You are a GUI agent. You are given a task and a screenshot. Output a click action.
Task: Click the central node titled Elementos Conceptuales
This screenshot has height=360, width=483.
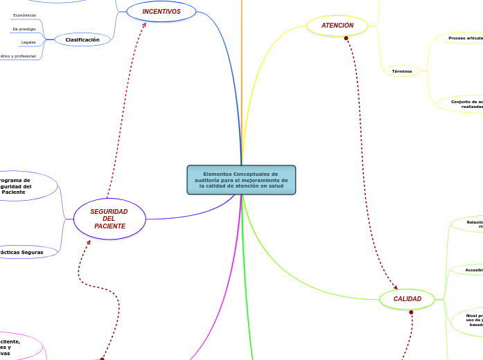tap(241, 180)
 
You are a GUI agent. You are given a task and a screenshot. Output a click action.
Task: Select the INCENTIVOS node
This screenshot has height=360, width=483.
tap(161, 12)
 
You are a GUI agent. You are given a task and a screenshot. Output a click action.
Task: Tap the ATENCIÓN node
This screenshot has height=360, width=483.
tap(337, 26)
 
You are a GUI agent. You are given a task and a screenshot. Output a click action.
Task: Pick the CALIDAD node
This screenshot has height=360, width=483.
tap(407, 299)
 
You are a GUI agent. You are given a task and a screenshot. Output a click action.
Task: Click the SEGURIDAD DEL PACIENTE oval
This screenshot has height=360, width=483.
tap(109, 219)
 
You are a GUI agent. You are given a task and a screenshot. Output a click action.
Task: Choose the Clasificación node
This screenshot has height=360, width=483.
tap(82, 40)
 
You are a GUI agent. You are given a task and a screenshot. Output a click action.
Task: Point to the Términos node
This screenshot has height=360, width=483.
tap(402, 71)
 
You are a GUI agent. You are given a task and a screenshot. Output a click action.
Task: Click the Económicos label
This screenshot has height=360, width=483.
tap(24, 15)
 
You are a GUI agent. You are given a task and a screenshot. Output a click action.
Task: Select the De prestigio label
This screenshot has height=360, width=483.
tap(24, 29)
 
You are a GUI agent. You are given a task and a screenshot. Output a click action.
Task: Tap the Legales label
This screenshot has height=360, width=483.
tap(28, 42)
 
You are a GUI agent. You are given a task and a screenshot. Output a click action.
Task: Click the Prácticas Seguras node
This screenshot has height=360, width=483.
tap(22, 253)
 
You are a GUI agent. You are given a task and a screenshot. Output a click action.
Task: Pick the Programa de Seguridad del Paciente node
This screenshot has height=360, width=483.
tap(17, 186)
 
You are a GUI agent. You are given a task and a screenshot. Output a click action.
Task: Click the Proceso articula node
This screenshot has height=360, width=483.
tap(464, 38)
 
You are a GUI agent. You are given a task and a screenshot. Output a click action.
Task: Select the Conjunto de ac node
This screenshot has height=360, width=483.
tap(466, 104)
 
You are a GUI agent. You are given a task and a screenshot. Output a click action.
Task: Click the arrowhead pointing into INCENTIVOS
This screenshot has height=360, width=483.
tap(145, 25)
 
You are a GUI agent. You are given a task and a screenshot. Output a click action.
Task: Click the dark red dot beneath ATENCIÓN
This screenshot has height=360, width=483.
tap(346, 38)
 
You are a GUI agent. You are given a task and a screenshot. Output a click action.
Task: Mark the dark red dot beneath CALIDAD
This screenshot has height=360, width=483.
tap(411, 312)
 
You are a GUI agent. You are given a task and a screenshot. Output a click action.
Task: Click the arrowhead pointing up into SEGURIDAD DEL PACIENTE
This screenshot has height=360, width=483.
tap(88, 242)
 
